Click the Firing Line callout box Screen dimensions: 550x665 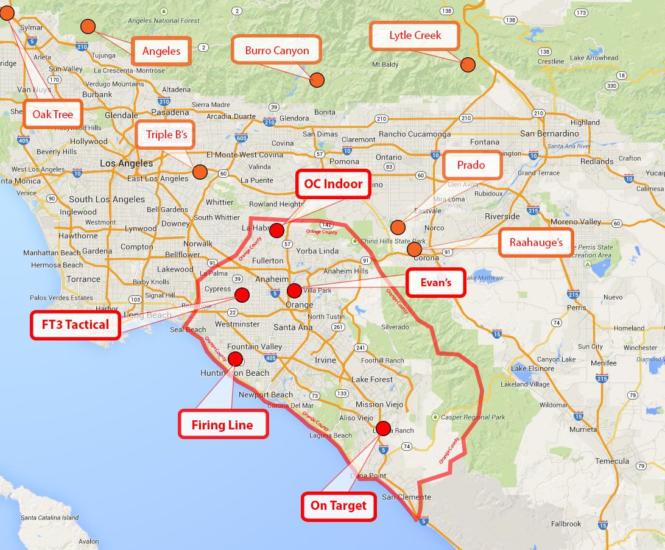[x=222, y=425]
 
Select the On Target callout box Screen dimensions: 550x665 [x=339, y=506]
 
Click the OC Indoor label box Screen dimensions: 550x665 [x=333, y=184]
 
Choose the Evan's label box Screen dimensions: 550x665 [x=435, y=283]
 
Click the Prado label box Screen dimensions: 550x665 [x=471, y=164]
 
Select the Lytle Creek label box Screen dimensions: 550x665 [x=415, y=36]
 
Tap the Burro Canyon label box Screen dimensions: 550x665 [x=277, y=51]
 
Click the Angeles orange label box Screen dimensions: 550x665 [x=161, y=51]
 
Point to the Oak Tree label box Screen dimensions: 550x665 [x=53, y=115]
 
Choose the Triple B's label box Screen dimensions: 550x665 [x=166, y=135]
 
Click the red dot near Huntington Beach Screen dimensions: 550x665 [x=235, y=359]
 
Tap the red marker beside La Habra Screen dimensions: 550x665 [x=276, y=230]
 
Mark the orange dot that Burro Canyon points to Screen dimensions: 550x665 [x=317, y=80]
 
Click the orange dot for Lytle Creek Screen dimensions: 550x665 [x=468, y=65]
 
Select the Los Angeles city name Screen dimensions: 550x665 [x=127, y=163]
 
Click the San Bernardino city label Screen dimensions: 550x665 [x=549, y=133]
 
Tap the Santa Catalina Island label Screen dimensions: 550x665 [x=50, y=518]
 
